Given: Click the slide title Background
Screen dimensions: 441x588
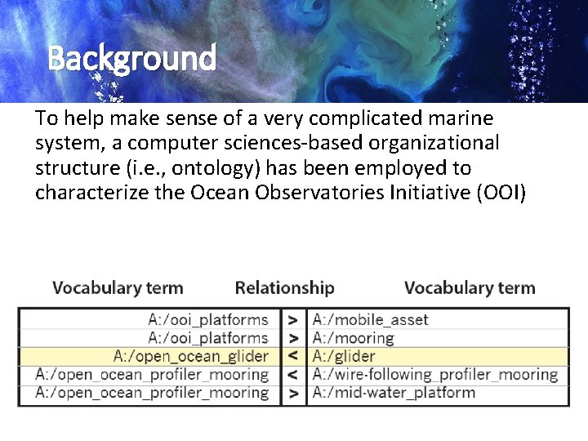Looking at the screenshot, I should pos(131,58).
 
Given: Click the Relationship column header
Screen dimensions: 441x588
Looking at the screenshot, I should pos(284,287).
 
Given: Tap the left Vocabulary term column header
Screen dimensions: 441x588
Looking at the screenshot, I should pos(118,287).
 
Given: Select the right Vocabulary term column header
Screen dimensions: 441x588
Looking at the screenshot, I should pos(470,287).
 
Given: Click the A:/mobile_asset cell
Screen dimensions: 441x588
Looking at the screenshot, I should pos(370,319).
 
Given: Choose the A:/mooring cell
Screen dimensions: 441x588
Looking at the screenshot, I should pos(353,337).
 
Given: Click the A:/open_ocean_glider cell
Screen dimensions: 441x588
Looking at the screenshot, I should pos(191,356).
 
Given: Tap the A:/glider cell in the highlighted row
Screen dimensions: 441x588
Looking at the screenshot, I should pos(344,356).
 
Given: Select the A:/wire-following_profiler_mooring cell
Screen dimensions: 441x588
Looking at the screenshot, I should pos(434,375).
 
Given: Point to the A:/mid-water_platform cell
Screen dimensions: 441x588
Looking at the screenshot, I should pos(393,393).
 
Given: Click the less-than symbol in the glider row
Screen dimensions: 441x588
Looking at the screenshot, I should pos(292,356).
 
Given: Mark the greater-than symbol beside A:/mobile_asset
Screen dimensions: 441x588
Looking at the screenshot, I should pos(292,319).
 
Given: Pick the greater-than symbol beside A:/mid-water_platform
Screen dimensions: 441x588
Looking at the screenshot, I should pos(292,393).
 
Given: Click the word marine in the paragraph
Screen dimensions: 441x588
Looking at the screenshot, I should pos(464,118).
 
